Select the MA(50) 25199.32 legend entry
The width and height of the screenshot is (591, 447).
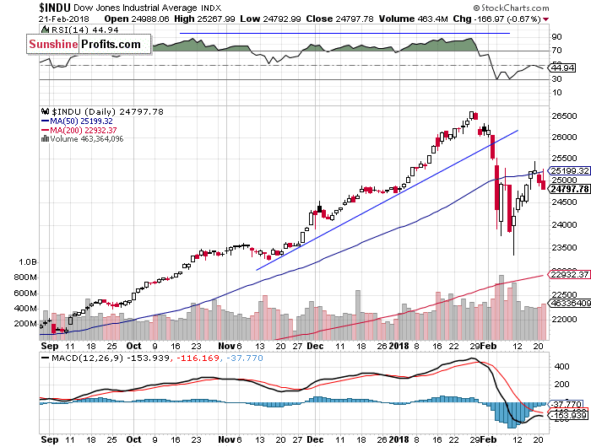coord(81,121)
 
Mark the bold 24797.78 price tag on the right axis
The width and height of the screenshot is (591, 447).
coord(568,189)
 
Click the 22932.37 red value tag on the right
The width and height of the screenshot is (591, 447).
coord(568,274)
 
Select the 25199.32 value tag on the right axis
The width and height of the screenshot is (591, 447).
coord(568,171)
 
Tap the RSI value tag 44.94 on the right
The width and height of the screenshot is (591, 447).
coord(561,67)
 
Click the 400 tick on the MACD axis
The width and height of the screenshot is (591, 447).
coord(560,368)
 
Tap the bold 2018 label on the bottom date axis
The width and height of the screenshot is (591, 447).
coord(399,345)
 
